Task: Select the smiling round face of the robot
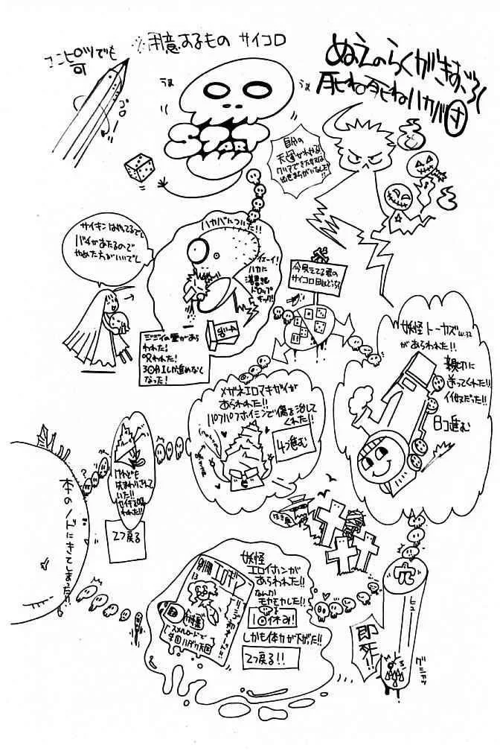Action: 376,463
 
